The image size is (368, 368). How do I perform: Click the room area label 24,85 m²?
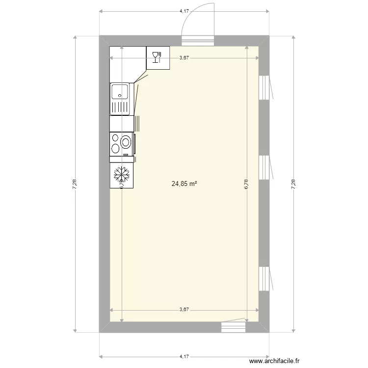(x=184, y=184)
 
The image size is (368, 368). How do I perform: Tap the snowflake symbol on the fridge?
(x=121, y=174)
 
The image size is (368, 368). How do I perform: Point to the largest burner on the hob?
(x=126, y=143)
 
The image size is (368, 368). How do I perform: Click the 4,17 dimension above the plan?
(x=184, y=10)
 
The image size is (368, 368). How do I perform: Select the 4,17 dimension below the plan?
(x=184, y=357)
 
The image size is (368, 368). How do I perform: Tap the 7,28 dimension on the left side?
(x=75, y=184)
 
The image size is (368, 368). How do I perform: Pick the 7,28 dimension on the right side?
(x=293, y=184)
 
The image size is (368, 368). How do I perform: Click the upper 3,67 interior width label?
(x=184, y=58)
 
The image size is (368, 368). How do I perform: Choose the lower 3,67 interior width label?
(x=184, y=310)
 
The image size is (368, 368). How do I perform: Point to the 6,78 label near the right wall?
(x=246, y=184)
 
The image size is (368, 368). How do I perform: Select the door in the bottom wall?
(x=233, y=326)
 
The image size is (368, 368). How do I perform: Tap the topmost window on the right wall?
(x=264, y=87)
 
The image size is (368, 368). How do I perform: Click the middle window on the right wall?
(x=264, y=167)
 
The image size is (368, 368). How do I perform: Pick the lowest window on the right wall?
(x=264, y=278)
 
